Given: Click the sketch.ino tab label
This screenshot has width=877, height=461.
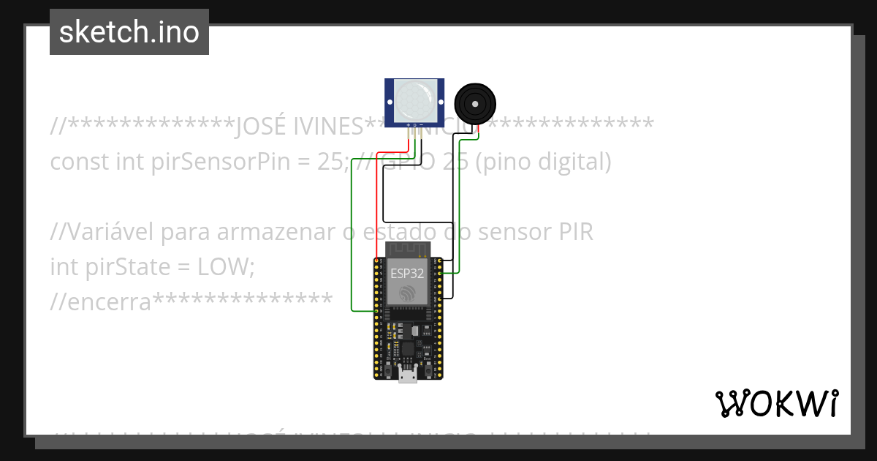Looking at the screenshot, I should click(129, 32).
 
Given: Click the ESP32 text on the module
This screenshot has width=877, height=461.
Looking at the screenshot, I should click(407, 273).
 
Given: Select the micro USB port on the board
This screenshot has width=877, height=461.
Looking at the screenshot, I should click(408, 376).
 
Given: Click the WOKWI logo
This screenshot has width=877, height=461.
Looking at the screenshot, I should click(776, 403).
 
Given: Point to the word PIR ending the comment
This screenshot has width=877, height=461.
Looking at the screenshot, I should click(575, 232).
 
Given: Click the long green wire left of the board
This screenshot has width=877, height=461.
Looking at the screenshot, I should click(352, 234).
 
